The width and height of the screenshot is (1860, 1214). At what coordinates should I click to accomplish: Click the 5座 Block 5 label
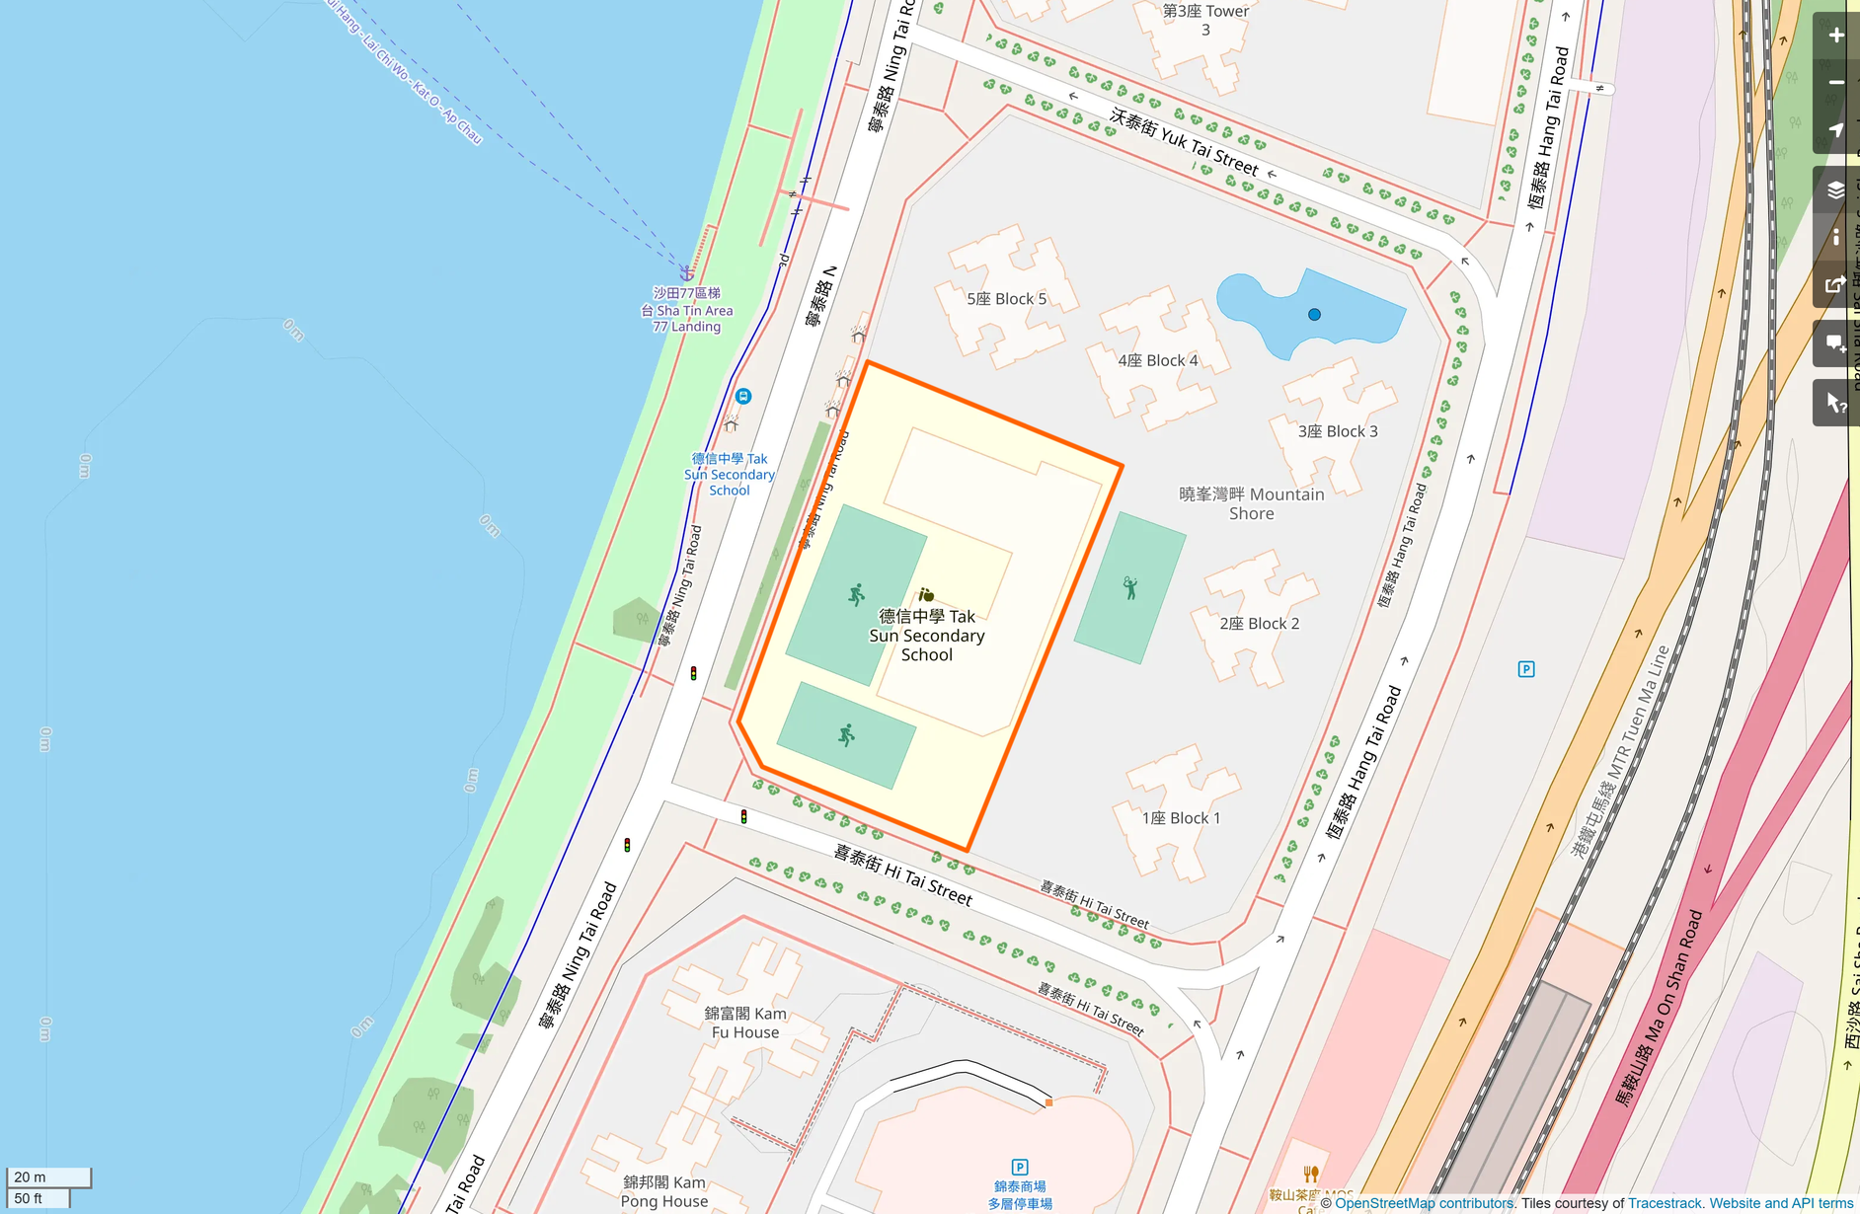click(1006, 299)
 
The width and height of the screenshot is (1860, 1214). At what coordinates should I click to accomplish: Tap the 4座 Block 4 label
click(1157, 361)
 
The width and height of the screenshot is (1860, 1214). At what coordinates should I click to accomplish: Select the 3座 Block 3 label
click(1337, 431)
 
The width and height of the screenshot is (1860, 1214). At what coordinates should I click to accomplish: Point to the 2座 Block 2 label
click(1259, 624)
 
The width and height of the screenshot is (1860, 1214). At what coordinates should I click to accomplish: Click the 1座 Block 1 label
click(1181, 818)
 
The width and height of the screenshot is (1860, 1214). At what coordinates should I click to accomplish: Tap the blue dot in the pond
click(1314, 315)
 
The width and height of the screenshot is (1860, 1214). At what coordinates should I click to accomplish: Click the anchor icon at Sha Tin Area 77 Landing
click(686, 272)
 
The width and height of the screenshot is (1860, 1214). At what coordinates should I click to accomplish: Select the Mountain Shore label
click(1251, 503)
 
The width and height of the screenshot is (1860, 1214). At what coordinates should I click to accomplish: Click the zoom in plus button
click(1835, 36)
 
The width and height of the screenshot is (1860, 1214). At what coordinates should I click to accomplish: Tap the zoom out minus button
click(1835, 83)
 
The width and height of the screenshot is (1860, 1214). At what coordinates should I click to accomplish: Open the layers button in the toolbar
click(1835, 190)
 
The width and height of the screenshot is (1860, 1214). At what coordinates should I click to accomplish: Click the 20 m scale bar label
click(31, 1176)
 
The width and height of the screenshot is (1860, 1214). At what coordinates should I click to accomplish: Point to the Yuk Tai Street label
click(1184, 141)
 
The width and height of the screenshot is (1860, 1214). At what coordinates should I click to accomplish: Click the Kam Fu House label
click(744, 1023)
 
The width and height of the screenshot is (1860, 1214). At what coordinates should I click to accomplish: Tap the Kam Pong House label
click(663, 1191)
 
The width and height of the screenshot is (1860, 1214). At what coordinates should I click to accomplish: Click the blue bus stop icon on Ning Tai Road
click(743, 396)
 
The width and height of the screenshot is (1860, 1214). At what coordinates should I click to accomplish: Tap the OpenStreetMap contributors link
click(1423, 1203)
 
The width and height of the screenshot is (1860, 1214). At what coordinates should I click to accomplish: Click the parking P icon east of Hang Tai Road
click(1525, 669)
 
